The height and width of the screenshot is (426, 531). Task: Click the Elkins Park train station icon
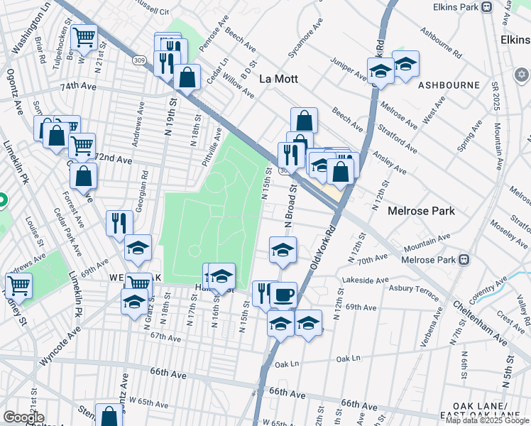(x=487, y=7)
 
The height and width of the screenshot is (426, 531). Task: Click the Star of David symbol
(x=521, y=75)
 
